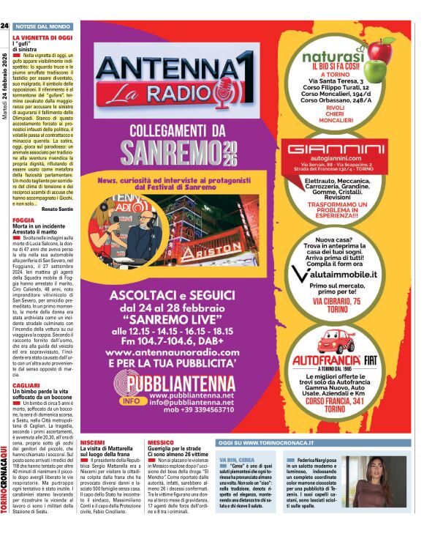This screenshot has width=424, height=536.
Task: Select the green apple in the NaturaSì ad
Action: (375, 71)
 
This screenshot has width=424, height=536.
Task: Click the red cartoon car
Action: (336, 341)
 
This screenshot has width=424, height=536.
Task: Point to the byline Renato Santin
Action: (57, 209)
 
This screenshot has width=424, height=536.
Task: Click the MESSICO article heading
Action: (160, 443)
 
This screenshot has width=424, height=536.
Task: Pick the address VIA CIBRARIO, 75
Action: (343, 301)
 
